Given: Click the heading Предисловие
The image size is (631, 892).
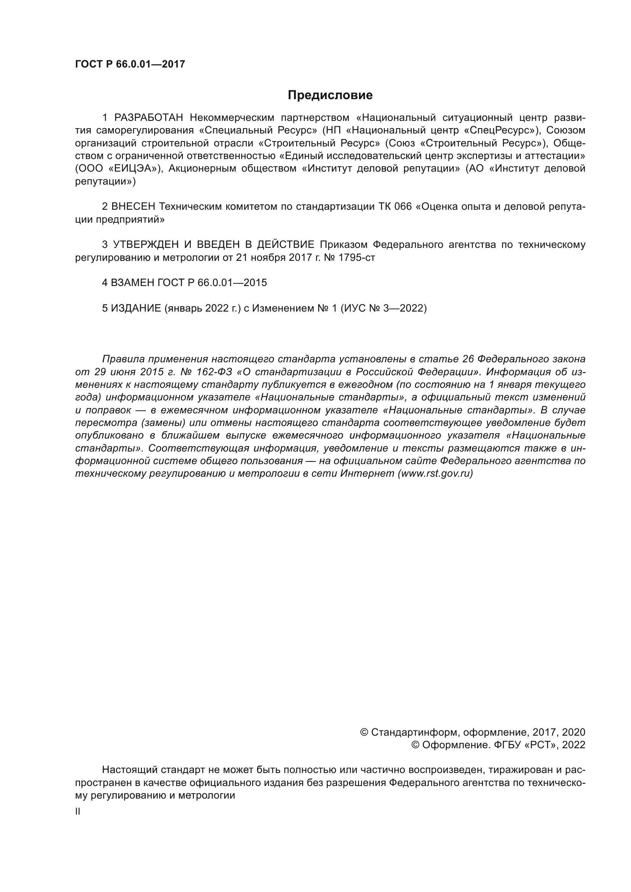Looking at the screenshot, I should point(330,95).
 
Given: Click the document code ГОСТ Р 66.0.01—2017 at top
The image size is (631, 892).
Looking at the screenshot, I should point(130,64).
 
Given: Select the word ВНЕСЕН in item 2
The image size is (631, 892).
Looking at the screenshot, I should point(133,207).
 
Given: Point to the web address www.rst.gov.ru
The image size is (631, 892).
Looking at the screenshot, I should point(435,474).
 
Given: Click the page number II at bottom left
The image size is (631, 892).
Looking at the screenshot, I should point(78,812).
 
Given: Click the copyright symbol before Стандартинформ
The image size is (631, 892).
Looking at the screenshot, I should point(364,732).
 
